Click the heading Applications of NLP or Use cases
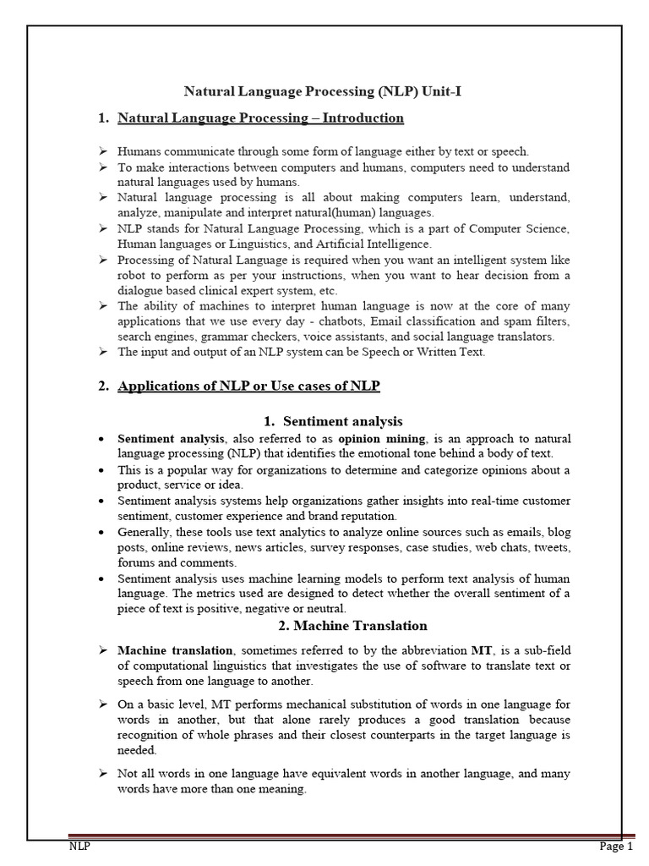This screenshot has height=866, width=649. pos(249,386)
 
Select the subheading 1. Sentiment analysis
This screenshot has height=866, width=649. pos(331,421)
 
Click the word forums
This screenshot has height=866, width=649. pos(135,562)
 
